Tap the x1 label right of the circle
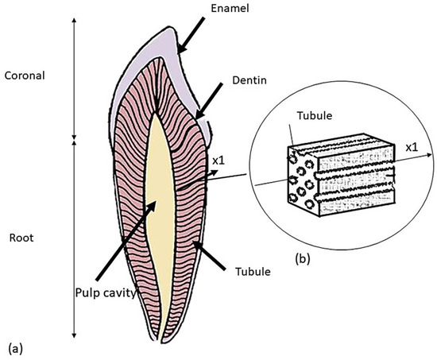click(413, 148)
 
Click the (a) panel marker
click(12, 346)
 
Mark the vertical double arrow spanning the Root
click(73, 238)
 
